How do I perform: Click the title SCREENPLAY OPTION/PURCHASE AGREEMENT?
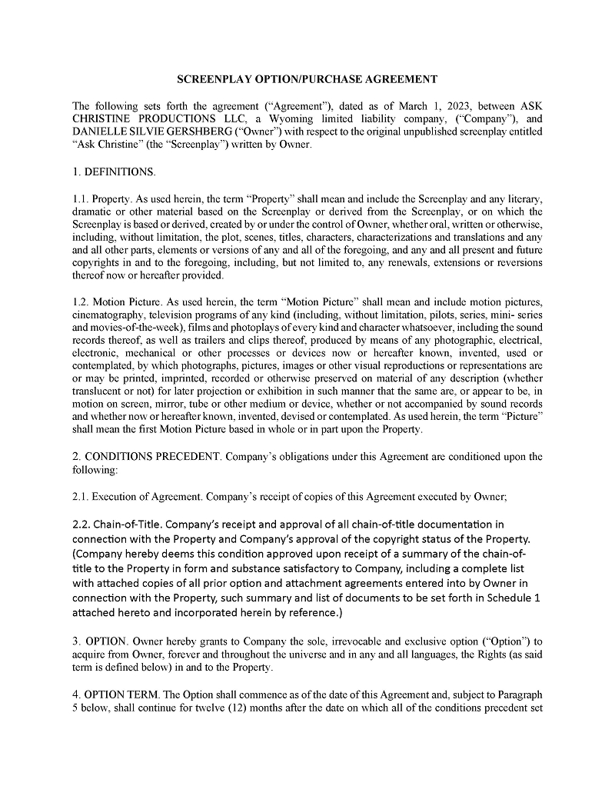pyautogui.click(x=307, y=79)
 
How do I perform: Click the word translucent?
pyautogui.click(x=95, y=391)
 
